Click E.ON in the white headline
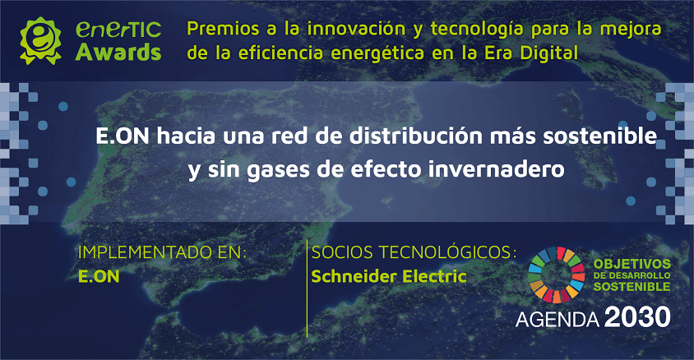tap(118, 136)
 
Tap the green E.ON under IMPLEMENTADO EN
tap(99, 276)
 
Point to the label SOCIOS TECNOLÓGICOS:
tap(414, 252)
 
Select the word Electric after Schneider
tap(437, 276)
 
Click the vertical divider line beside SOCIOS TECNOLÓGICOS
tap(307, 288)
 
